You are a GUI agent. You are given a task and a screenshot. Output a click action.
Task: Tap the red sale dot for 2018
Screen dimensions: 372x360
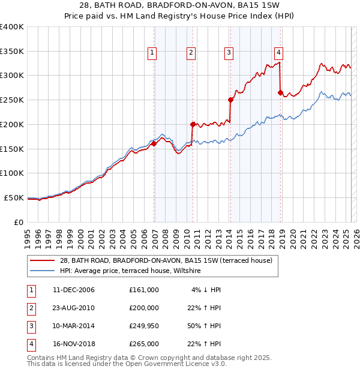[x=280, y=92]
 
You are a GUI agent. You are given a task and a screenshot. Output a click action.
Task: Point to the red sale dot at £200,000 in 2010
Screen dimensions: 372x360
[x=193, y=124]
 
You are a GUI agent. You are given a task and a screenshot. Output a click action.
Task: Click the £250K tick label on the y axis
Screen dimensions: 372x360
[x=12, y=100]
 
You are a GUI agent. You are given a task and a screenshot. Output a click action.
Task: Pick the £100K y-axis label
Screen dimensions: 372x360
[x=12, y=173]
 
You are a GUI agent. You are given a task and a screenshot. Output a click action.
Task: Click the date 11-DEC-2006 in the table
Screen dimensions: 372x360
[x=73, y=290]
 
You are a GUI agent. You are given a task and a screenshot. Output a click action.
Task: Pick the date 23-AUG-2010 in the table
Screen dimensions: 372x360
[x=73, y=308]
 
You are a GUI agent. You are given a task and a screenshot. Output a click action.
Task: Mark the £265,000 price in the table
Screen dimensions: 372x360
[x=144, y=344]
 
